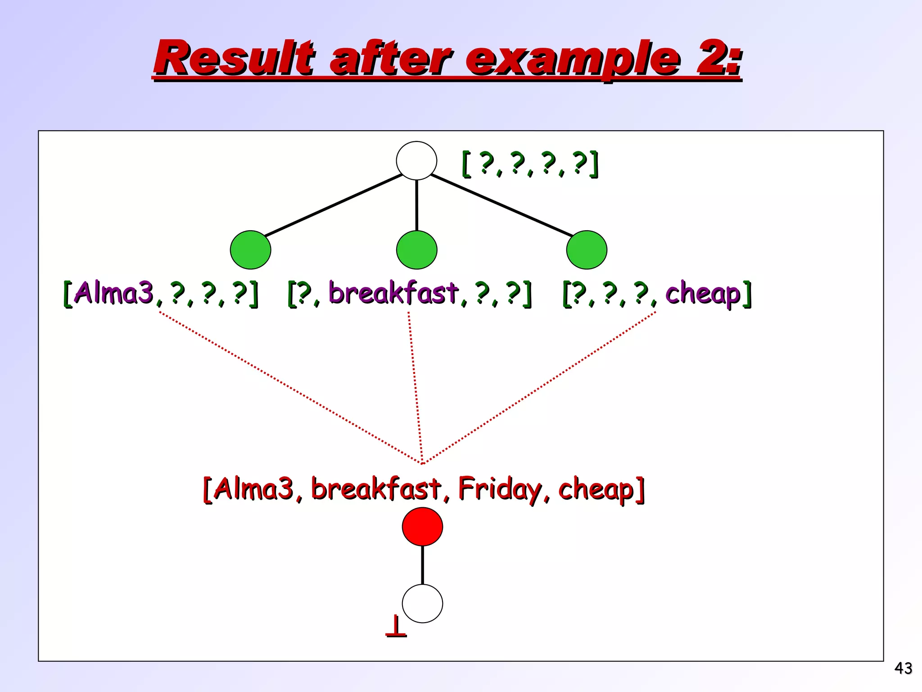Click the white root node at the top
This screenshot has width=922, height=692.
click(416, 161)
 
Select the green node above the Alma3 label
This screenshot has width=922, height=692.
click(250, 250)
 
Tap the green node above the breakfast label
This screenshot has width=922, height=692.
click(416, 250)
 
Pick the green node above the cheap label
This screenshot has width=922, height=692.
click(587, 250)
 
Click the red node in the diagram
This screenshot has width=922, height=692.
click(422, 527)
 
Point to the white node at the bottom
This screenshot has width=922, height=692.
click(422, 604)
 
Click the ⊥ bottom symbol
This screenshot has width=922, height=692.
click(396, 627)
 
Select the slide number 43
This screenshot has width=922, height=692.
click(903, 668)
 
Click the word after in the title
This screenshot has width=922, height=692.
click(390, 59)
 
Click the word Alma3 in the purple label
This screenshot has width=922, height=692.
click(113, 293)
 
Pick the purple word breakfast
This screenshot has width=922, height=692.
click(393, 293)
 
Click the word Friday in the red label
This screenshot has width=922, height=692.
click(500, 489)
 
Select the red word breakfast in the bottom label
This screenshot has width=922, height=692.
click(376, 488)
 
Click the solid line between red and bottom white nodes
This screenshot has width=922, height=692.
click(422, 565)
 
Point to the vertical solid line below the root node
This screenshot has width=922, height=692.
click(416, 205)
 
